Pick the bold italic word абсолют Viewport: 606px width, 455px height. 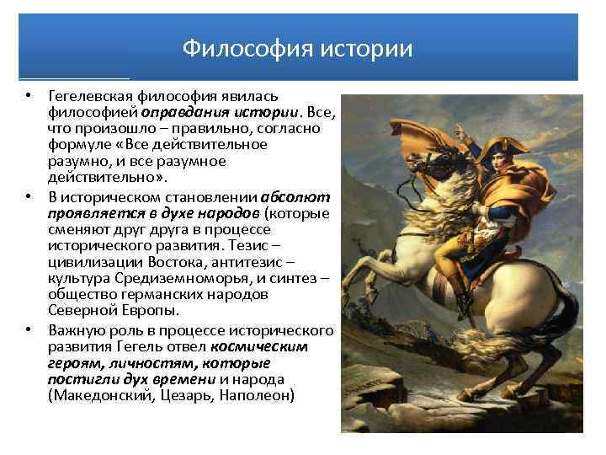pos(301,197)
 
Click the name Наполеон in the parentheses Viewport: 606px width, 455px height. pos(258,394)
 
